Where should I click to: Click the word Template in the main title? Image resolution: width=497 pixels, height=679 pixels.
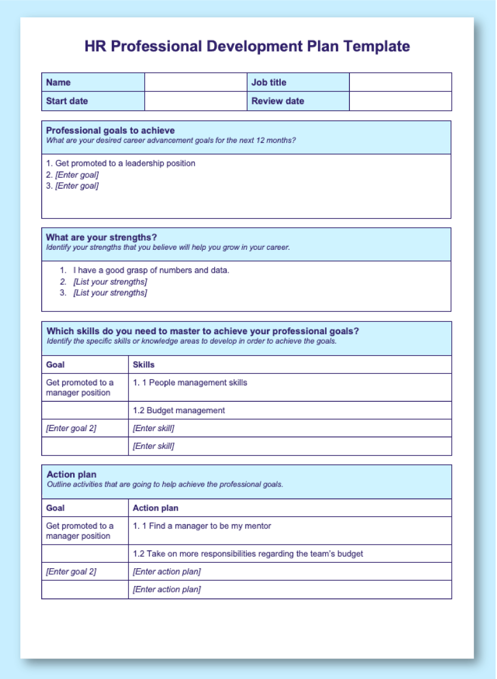pyautogui.click(x=376, y=46)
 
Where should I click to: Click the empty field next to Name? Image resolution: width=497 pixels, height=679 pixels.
pyautogui.click(x=196, y=82)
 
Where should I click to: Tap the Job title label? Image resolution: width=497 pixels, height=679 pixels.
pyautogui.click(x=269, y=82)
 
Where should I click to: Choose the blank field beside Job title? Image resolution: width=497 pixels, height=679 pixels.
pyautogui.click(x=401, y=82)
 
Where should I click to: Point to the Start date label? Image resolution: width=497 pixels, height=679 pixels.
pyautogui.click(x=67, y=101)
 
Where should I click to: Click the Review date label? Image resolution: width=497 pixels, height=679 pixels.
pyautogui.click(x=278, y=101)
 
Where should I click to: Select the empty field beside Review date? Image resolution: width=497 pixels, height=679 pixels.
pyautogui.click(x=401, y=101)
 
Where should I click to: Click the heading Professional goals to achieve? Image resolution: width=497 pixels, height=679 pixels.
pyautogui.click(x=110, y=131)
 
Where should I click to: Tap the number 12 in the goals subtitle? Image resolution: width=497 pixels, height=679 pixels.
pyautogui.click(x=261, y=141)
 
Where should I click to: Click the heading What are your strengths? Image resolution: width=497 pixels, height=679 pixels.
pyautogui.click(x=101, y=237)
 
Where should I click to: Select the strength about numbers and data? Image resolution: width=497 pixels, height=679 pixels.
pyautogui.click(x=151, y=270)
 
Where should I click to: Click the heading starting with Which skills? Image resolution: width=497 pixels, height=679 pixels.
pyautogui.click(x=203, y=331)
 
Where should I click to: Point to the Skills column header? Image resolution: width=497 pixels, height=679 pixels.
pyautogui.click(x=144, y=365)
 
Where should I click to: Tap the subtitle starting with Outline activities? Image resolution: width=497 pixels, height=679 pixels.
pyautogui.click(x=165, y=484)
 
